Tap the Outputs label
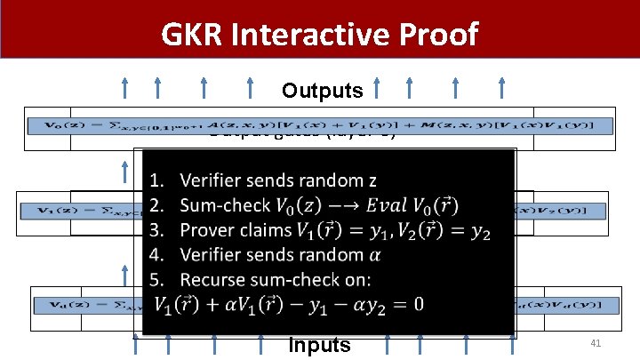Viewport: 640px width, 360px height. pyautogui.click(x=322, y=91)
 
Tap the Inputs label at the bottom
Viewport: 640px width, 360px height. pyautogui.click(x=320, y=345)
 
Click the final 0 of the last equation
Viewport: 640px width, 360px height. pyautogui.click(x=417, y=304)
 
